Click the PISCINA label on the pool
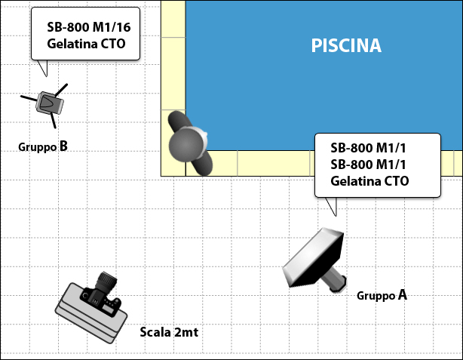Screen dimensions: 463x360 [346, 45]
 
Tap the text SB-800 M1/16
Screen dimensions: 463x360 [88, 27]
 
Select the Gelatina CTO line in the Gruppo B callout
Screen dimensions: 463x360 [86, 44]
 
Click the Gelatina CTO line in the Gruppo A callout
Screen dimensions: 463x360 [369, 181]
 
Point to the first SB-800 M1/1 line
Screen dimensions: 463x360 [368, 148]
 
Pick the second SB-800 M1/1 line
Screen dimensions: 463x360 [368, 165]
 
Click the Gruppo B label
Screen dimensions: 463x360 [43, 146]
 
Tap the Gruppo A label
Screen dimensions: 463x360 [382, 295]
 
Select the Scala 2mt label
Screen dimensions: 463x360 [169, 332]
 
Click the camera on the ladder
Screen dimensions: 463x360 [101, 296]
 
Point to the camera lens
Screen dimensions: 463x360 [106, 281]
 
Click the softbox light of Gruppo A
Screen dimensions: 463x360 [314, 257]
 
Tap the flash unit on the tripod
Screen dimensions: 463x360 [50, 103]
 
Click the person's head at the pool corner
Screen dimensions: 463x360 [186, 145]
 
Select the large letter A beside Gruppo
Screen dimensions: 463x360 [403, 294]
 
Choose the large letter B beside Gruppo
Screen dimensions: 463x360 [63, 146]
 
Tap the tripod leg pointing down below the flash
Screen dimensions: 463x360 [53, 121]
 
